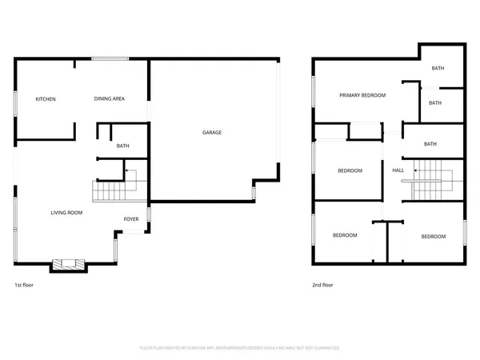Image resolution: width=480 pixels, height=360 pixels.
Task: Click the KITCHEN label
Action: tap(46, 99)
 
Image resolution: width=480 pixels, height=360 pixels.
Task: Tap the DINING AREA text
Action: tap(109, 99)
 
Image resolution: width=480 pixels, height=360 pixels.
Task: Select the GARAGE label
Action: tap(211, 132)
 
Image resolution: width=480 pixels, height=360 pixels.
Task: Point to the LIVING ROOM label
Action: tap(67, 213)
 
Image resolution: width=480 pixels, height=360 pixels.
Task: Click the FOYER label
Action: tap(130, 219)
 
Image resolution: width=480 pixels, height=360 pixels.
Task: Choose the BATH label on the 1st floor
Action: tap(122, 146)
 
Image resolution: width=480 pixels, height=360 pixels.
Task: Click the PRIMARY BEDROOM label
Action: tap(362, 95)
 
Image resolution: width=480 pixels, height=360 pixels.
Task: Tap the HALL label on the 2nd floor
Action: tap(398, 170)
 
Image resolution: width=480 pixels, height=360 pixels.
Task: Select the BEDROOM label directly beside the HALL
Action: tap(350, 170)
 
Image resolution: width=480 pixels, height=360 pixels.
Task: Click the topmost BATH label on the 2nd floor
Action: tap(438, 69)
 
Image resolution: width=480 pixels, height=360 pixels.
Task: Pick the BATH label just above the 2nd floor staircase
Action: tap(430, 144)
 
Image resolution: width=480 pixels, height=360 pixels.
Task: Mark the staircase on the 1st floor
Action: tap(110, 192)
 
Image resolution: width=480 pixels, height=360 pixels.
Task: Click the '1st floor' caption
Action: tap(25, 285)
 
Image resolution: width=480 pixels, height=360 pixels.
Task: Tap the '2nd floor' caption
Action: tap(323, 285)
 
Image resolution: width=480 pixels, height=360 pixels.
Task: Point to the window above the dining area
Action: tap(110, 58)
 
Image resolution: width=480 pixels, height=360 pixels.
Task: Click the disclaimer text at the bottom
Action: tap(240, 348)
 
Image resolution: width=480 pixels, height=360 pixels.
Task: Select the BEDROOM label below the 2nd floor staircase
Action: tap(433, 236)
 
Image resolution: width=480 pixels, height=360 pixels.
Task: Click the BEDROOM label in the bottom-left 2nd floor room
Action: tap(344, 235)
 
